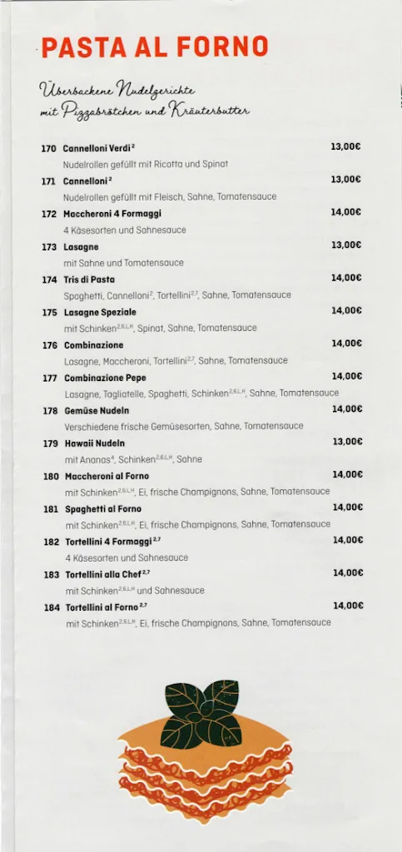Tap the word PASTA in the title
point(77,47)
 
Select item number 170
point(48,148)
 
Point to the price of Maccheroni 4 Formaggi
point(345,212)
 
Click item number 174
point(49,280)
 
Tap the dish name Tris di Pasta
point(89,280)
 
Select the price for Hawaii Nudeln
point(347,442)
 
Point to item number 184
point(52,607)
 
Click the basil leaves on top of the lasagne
point(201,712)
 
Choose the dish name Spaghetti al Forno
point(103,508)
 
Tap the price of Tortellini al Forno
point(348,606)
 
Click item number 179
point(50,443)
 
